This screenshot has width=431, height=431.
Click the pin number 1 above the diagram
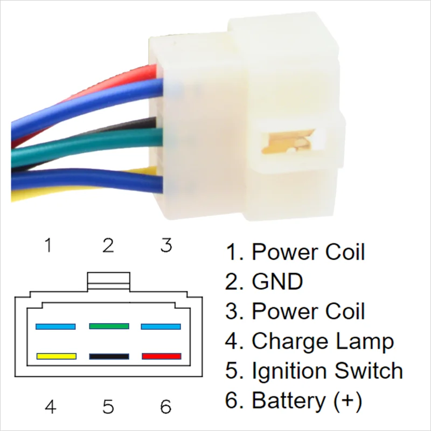(48, 246)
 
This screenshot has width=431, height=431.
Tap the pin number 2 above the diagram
(108, 246)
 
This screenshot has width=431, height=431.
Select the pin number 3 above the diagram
(166, 246)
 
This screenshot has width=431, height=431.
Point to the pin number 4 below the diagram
(51, 407)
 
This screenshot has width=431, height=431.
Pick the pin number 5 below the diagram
(108, 407)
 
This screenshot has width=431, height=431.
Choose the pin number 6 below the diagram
(165, 407)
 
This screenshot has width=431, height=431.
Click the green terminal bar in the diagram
(109, 326)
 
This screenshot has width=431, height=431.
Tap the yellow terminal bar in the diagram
(55, 357)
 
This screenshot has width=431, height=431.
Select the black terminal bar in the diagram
(109, 357)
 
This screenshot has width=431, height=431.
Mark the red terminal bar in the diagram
(161, 357)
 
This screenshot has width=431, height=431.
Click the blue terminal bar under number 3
(161, 326)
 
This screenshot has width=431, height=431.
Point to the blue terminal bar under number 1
(55, 326)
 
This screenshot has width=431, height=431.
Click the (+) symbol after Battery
(347, 401)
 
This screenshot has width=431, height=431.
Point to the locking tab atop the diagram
(108, 279)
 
